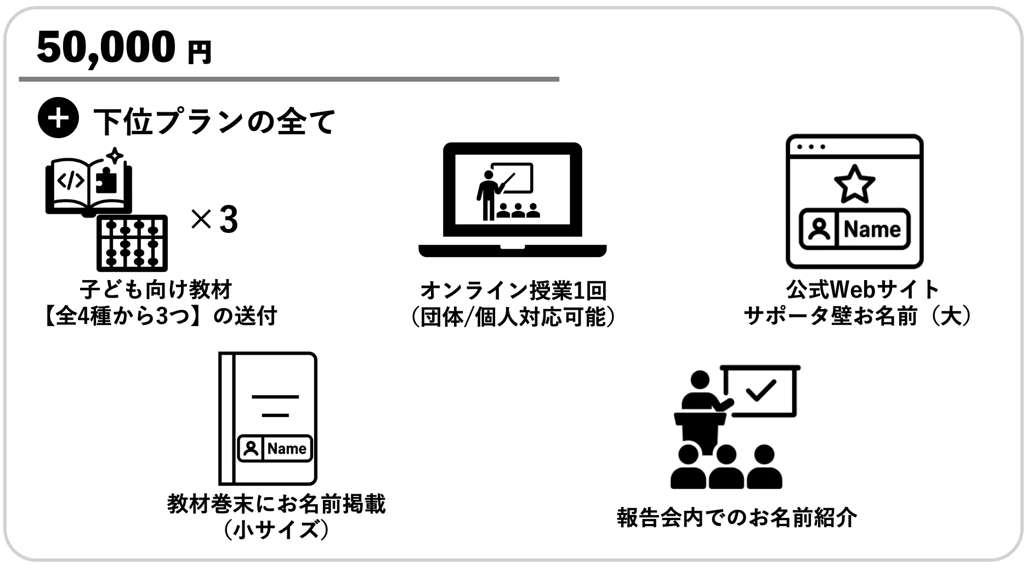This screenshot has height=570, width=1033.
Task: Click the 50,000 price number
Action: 106,48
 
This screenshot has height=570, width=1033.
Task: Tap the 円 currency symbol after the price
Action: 199,53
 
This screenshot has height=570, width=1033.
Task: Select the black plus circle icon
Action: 58,118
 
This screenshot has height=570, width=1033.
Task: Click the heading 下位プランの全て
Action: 214,121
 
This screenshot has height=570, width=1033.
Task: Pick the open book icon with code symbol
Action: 88,185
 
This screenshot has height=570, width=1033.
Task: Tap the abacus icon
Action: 132,243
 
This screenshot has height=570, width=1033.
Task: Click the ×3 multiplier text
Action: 214,219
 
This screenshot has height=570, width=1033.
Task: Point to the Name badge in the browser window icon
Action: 854,229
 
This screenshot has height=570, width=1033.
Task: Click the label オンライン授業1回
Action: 514,290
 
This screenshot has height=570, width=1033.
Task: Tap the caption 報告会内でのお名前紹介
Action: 736,517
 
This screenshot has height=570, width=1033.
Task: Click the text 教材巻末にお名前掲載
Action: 276,504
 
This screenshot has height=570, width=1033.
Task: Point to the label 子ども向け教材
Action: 156,289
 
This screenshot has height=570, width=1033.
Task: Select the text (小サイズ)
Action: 276,529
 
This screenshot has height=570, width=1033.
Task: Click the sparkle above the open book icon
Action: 114,156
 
